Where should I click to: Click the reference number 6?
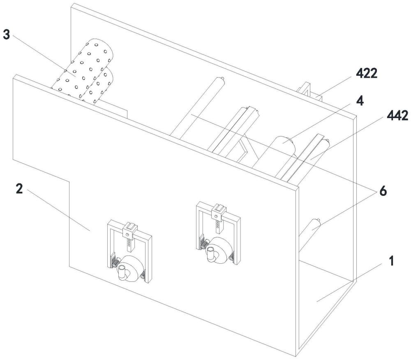tap(383, 192)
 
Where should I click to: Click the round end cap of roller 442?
tap(327, 143)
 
